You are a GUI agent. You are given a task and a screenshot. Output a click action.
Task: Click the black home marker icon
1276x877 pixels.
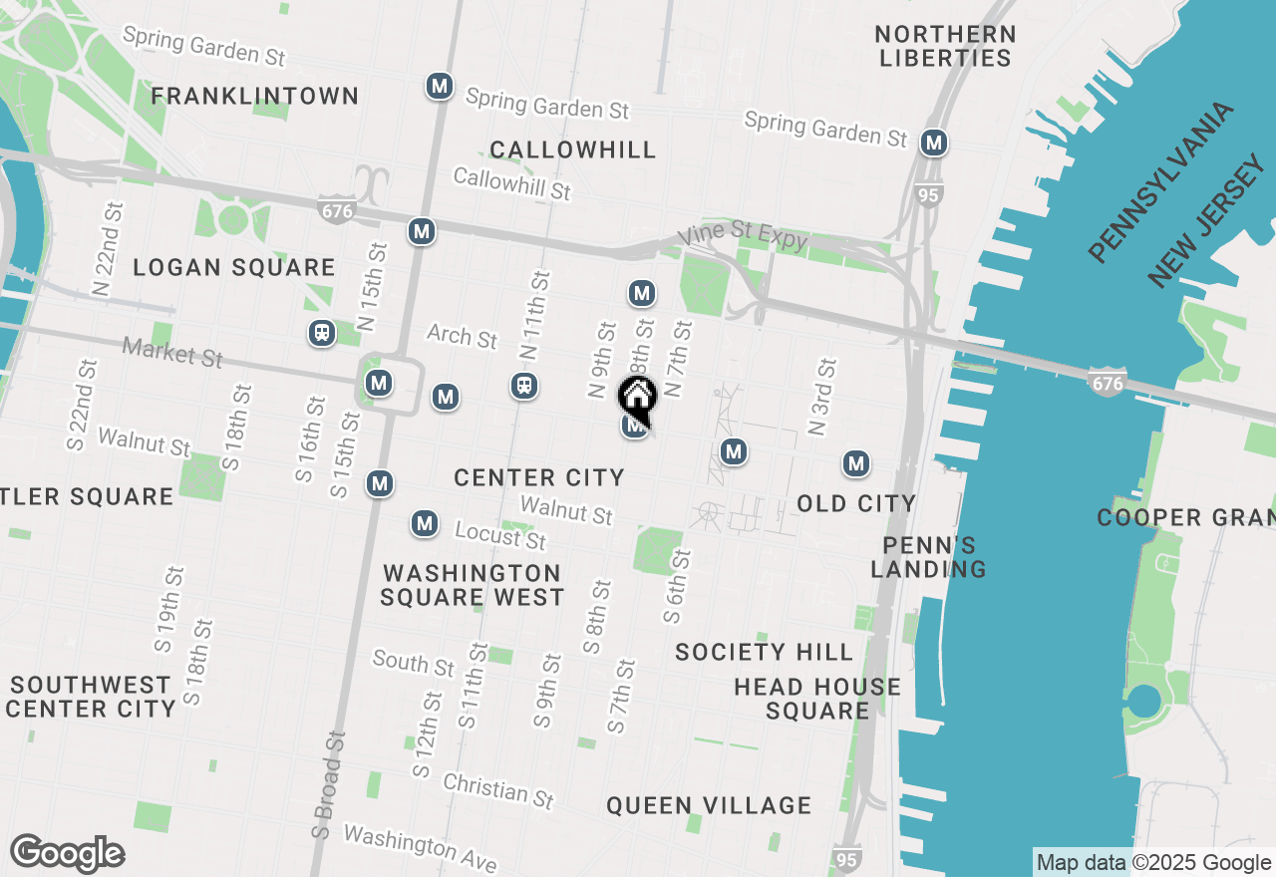click(x=637, y=397)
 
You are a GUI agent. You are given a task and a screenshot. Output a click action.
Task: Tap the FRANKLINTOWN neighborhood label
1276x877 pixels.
click(x=255, y=97)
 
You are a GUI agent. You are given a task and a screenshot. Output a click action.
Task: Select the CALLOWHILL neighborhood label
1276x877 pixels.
click(x=573, y=150)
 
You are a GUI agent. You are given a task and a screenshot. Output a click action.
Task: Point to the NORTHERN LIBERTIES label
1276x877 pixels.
click(x=945, y=46)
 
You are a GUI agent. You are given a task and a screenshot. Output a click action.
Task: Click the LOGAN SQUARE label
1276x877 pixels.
click(x=234, y=267)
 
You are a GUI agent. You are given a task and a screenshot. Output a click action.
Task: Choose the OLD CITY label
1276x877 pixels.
click(x=856, y=503)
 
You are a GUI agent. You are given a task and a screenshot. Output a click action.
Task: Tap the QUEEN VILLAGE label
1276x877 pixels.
click(x=709, y=805)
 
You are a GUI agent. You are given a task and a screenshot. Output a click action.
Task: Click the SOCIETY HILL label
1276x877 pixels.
click(x=764, y=652)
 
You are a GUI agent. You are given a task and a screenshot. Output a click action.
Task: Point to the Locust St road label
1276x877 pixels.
click(x=500, y=535)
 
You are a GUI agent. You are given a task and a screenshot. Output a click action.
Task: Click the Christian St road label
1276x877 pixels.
click(x=497, y=790)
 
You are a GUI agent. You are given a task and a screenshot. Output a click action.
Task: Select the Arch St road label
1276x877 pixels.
click(x=462, y=336)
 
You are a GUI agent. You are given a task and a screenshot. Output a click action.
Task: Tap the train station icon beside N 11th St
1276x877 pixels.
click(x=524, y=385)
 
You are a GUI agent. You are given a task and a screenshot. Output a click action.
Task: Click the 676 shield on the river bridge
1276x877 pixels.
click(x=1108, y=383)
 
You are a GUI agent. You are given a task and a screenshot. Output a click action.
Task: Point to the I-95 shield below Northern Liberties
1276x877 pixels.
click(x=928, y=194)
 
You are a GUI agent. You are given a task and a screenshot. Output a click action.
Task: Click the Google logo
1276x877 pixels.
click(x=67, y=854)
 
